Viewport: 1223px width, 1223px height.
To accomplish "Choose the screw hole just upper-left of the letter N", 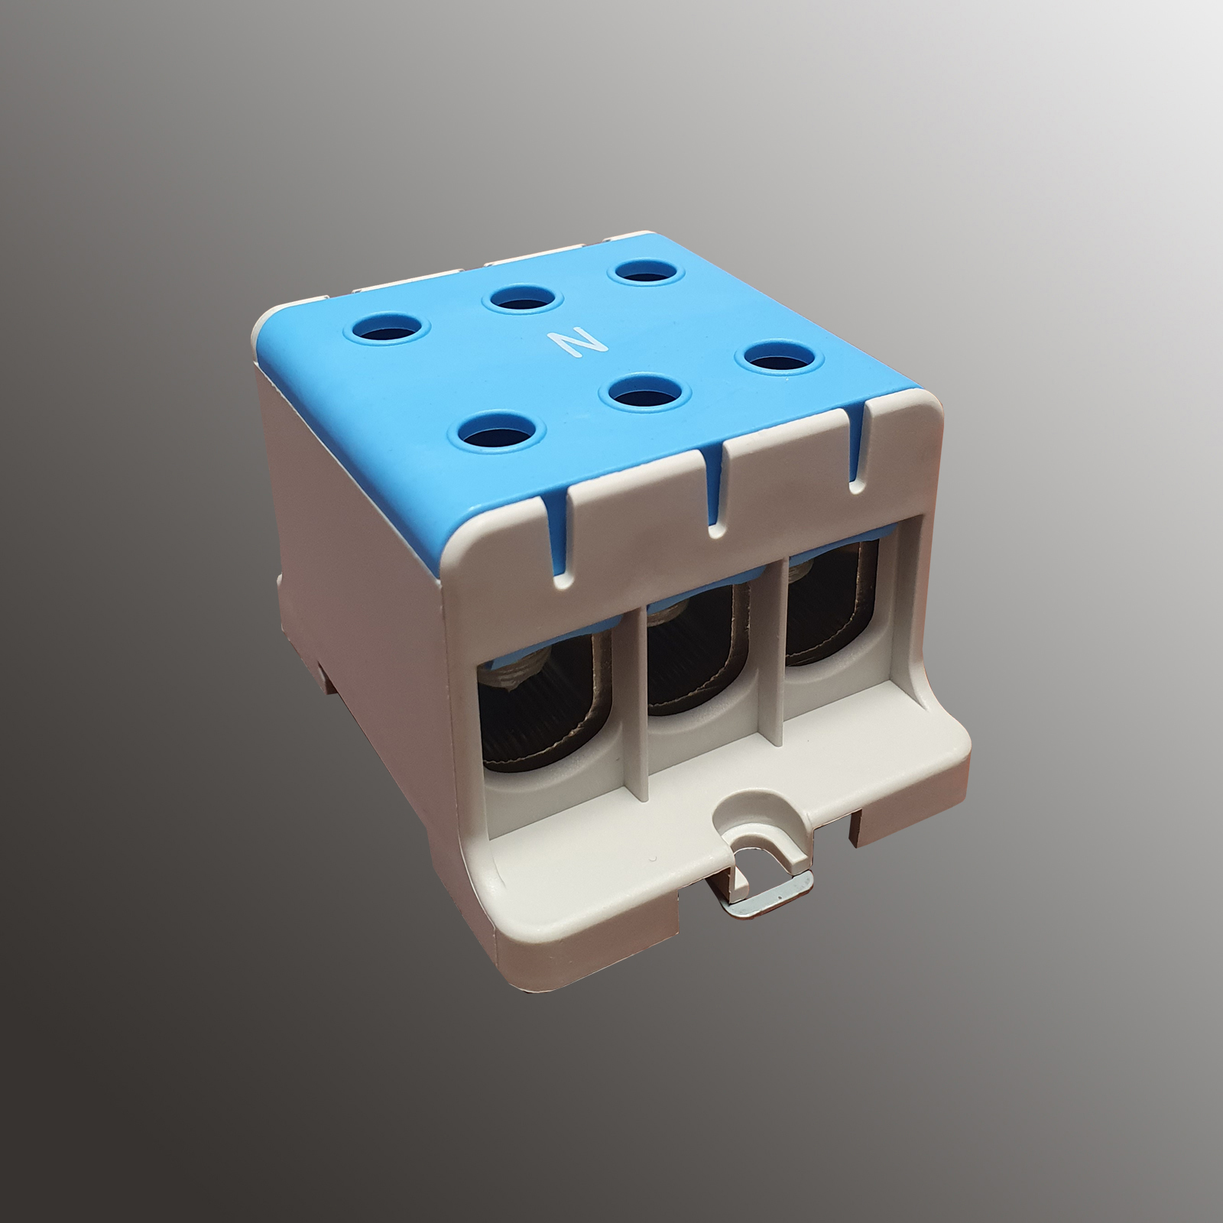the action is (522, 300).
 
